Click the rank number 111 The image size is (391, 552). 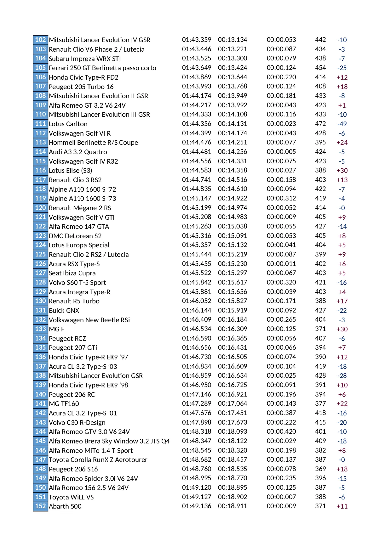[x=40, y=124]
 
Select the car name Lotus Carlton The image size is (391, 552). [x=68, y=124]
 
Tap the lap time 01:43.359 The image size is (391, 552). [x=197, y=40]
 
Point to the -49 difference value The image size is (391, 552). [x=342, y=124]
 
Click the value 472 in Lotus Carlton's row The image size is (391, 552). [x=320, y=124]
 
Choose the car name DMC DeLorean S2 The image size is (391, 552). [x=75, y=236]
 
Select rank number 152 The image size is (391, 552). [x=40, y=506]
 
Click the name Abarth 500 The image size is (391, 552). [x=65, y=506]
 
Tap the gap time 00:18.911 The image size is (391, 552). [x=233, y=506]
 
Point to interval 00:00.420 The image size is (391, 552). [x=281, y=431]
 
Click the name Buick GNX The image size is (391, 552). [x=64, y=311]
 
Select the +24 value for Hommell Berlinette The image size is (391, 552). [x=342, y=143]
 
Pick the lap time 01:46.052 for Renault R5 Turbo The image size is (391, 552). [x=197, y=301]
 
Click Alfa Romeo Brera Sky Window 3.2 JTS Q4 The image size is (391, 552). [x=109, y=441]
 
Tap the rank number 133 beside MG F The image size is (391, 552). [x=40, y=329]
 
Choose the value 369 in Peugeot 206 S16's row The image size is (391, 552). [x=320, y=469]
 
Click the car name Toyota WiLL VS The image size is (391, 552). [x=71, y=497]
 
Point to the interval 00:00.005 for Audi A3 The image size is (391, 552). [x=281, y=152]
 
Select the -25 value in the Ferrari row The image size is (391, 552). [x=342, y=68]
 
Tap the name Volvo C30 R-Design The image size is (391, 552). [x=77, y=423]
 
